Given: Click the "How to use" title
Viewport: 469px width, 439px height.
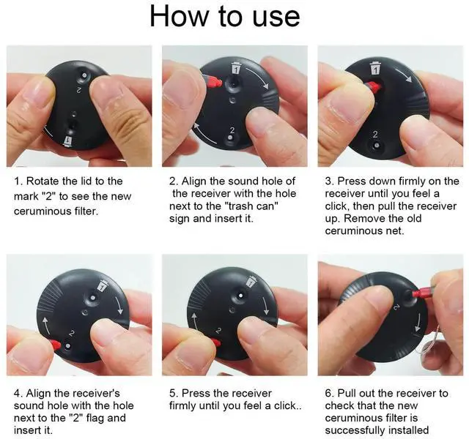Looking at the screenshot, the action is click(225, 16).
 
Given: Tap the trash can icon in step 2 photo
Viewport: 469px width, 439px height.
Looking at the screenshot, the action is click(236, 68).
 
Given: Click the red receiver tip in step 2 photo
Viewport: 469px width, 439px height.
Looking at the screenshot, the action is click(213, 81).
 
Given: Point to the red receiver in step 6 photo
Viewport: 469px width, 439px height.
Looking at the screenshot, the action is click(422, 293).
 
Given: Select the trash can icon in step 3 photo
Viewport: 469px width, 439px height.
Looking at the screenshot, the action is click(374, 68).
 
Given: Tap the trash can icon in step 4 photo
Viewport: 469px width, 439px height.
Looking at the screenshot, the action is click(103, 285).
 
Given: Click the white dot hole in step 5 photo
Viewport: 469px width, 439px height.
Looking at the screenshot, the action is click(240, 296).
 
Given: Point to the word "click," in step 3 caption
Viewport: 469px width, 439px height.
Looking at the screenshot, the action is click(338, 206).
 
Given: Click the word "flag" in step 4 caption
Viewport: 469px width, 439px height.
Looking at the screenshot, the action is click(95, 418).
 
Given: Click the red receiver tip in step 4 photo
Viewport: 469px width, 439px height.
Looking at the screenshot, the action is click(56, 345).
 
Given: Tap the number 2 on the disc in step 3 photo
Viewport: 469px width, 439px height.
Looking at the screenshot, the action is click(375, 135).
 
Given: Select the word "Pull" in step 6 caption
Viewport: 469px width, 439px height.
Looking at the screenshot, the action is click(347, 393).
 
